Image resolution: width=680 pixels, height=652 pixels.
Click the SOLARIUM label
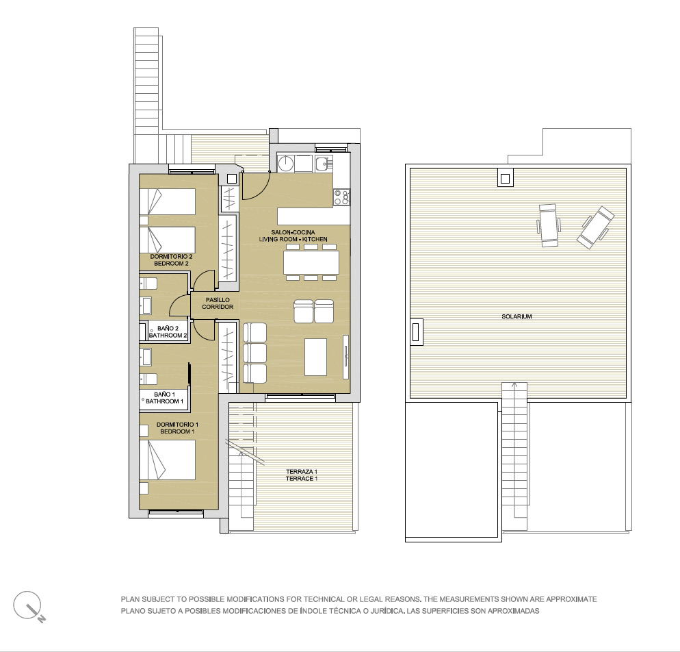click(x=516, y=316)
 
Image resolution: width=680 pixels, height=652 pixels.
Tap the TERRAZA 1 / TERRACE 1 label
click(x=302, y=475)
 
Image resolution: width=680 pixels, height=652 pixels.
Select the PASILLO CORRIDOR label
click(x=218, y=303)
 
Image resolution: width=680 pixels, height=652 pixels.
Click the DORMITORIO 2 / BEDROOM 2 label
click(x=171, y=260)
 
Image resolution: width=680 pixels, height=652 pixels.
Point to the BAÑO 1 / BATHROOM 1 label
click(x=165, y=398)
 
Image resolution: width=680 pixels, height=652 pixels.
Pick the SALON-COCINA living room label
click(x=293, y=236)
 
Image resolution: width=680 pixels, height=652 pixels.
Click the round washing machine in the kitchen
click(x=286, y=164)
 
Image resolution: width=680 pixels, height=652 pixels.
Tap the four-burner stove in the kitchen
click(x=342, y=197)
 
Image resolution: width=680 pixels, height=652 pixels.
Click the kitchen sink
click(x=323, y=164)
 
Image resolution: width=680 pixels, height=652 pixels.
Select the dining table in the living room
click(x=311, y=262)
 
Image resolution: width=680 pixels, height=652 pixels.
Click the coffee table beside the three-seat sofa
click(x=316, y=357)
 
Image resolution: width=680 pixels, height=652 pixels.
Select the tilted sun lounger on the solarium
click(x=595, y=227)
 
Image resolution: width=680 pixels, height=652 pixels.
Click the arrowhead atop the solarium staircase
click(x=514, y=385)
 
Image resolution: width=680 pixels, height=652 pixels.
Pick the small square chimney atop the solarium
click(x=505, y=179)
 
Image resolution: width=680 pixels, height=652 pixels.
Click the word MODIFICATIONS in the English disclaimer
click(x=246, y=599)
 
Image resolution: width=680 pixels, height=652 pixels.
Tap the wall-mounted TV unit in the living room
click(x=345, y=357)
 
